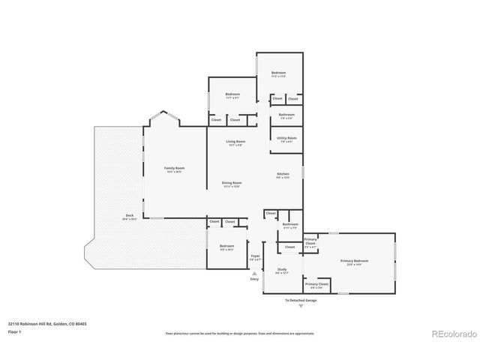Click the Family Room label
click(x=174, y=169)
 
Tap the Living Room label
click(x=237, y=142)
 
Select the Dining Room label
click(x=232, y=184)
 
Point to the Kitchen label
click(x=282, y=175)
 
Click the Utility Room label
click(x=286, y=139)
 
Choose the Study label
click(x=282, y=270)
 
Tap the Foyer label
click(x=254, y=257)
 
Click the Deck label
click(x=130, y=217)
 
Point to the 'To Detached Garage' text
click(x=300, y=301)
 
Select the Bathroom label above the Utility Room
click(x=286, y=115)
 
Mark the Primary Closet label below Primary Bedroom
click(x=316, y=285)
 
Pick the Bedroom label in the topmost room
click(x=279, y=73)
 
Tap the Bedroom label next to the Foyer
click(x=226, y=247)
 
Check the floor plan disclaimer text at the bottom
click(x=240, y=333)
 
